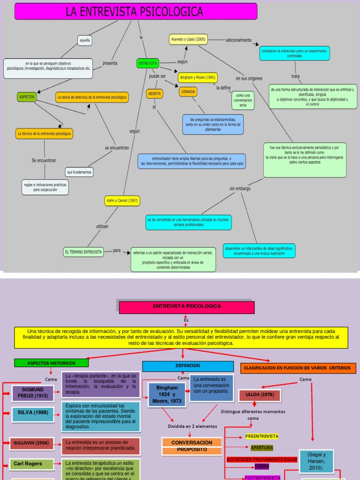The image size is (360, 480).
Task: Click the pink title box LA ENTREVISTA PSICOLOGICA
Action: click(135, 11)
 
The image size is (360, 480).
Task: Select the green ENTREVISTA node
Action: click(148, 63)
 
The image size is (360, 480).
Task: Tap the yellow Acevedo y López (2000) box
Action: click(188, 39)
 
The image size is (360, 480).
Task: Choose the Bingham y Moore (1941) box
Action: click(197, 77)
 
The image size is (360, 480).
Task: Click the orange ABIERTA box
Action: click(154, 94)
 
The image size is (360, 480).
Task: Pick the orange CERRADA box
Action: click(188, 91)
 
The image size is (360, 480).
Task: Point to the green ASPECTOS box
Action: click(26, 97)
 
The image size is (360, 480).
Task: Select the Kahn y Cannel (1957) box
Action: click(122, 201)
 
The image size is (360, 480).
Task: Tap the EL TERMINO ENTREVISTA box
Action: click(83, 252)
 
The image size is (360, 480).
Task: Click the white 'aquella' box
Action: click(85, 40)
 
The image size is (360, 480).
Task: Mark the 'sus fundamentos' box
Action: click(79, 172)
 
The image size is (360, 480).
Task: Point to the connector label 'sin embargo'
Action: click(240, 188)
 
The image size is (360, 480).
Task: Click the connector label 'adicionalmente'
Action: click(239, 40)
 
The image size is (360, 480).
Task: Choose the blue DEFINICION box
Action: click(187, 366)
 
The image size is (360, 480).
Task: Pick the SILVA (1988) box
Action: click(32, 413)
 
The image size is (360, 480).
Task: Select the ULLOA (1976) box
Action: click(259, 395)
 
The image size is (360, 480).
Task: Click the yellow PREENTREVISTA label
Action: click(262, 436)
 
